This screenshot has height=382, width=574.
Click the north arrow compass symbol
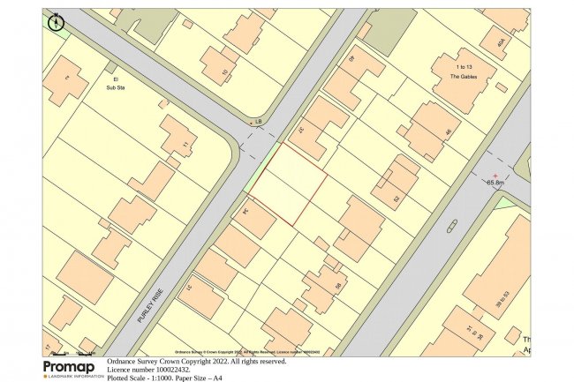click(57, 21)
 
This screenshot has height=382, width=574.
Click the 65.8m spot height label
click(495, 182)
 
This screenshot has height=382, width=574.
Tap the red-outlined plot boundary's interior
click(287, 184)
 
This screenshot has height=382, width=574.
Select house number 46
click(447, 133)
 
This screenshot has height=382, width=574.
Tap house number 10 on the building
click(223, 71)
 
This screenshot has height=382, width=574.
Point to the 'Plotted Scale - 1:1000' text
click(141, 378)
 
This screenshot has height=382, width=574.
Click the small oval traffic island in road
click(452, 226)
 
